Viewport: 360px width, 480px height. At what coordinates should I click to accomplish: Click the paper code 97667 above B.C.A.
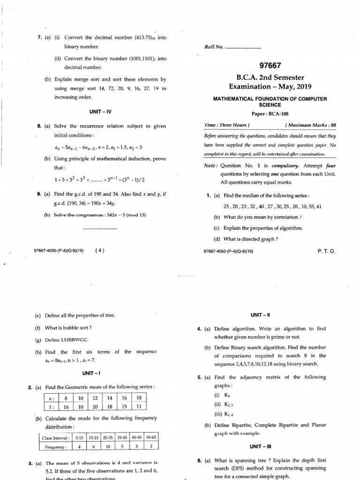tap(269, 66)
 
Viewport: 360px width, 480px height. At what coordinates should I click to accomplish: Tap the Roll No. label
tap(214, 47)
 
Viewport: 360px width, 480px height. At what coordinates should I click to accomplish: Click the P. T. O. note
tap(326, 251)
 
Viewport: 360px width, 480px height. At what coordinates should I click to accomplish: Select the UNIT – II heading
tap(269, 315)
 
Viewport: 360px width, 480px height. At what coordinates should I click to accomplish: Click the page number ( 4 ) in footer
tap(99, 250)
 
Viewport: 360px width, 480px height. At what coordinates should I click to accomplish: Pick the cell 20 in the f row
tap(95, 407)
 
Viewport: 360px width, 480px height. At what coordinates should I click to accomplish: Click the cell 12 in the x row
tap(95, 398)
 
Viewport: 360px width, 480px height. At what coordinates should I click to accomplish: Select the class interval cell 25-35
tap(109, 437)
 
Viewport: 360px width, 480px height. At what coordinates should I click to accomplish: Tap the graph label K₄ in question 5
tap(221, 395)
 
